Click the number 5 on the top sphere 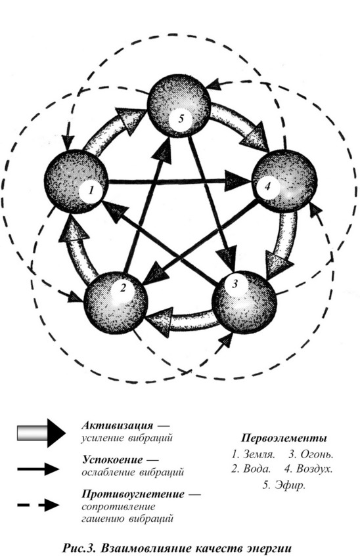pos(181,118)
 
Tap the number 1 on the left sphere pos(91,190)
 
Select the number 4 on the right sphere pos(267,186)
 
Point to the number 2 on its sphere pos(123,288)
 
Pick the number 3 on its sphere pos(234,284)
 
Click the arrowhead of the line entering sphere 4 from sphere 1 pos(239,181)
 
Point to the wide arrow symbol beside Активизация pos(41,433)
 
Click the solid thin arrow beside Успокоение pos(38,470)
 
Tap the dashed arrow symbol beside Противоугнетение pos(38,505)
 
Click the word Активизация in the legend pos(117,425)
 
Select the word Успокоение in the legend pos(112,460)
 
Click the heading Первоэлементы pos(284,438)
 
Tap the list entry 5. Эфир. pos(284,485)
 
